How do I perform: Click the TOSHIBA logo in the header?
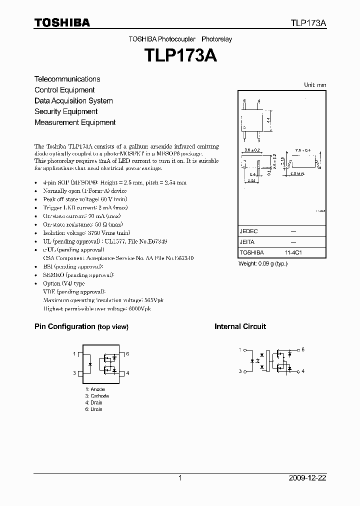[x=62, y=22]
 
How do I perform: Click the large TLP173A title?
[x=180, y=55]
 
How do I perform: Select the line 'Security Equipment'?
[x=66, y=111]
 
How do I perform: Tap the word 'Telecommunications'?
[x=67, y=79]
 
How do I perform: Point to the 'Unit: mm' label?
[x=315, y=85]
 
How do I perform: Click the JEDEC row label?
[x=248, y=231]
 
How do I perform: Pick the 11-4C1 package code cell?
[x=293, y=253]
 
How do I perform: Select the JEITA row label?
[x=247, y=242]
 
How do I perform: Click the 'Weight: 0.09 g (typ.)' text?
[x=263, y=263]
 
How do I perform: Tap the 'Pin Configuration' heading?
[x=64, y=326]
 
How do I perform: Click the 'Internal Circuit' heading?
[x=240, y=326]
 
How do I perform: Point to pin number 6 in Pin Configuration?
[x=128, y=353]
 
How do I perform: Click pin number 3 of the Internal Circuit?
[x=239, y=371]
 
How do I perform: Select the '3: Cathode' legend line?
[x=97, y=396]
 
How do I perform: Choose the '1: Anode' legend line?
[x=95, y=389]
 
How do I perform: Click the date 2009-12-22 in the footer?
[x=308, y=478]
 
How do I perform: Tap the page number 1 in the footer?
[x=180, y=478]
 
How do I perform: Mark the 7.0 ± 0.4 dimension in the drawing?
[x=302, y=149]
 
